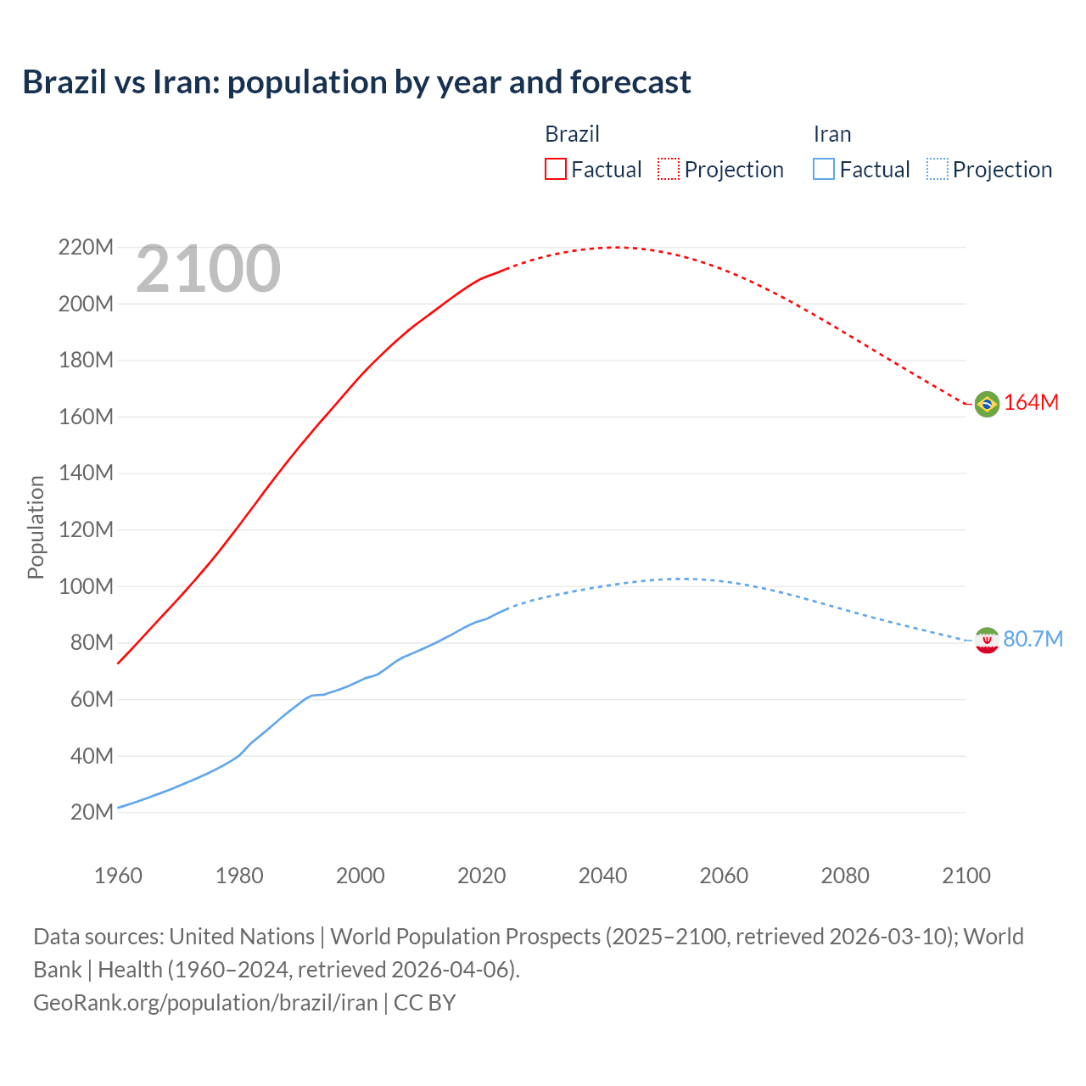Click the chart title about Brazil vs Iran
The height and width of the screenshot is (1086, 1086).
coord(356,82)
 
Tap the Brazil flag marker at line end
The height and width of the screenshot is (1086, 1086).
coord(987,404)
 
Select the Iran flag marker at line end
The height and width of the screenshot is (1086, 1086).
coord(987,640)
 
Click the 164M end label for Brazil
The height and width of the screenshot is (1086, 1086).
coord(1031,403)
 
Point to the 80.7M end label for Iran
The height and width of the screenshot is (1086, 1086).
coord(1033,639)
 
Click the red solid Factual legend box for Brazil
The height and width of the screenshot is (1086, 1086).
coord(555,169)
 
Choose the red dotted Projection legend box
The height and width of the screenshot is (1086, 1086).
coord(669,169)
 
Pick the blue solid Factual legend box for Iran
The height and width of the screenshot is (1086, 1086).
coord(823,169)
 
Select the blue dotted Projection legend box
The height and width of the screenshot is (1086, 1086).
coord(938,169)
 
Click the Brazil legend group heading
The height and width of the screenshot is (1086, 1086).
coord(572,134)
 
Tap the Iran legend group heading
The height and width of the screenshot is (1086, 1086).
coord(831,134)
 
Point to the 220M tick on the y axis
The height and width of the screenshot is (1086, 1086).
coord(86,248)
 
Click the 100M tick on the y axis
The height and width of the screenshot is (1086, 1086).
coord(86,586)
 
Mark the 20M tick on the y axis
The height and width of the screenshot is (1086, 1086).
coord(92,813)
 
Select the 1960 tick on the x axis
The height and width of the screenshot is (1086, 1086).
coord(118,876)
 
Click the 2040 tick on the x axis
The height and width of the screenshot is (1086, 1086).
coord(602,876)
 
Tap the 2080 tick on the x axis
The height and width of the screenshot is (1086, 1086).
coord(845,876)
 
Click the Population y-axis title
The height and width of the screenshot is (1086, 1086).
coord(36,527)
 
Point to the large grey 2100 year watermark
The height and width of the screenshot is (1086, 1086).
coord(208,269)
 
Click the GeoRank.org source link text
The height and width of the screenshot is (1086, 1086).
coord(205,1003)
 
